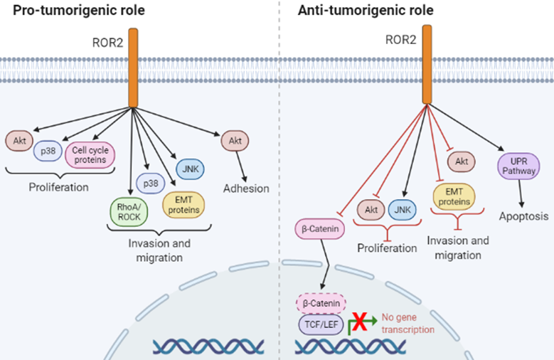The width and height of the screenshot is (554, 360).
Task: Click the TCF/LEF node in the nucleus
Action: [319, 325]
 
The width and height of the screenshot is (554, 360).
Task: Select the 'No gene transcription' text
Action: [407, 324]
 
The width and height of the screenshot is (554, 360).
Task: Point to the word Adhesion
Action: [246, 189]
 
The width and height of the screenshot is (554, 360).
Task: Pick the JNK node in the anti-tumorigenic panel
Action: [402, 209]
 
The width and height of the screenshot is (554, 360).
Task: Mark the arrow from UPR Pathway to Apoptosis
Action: [520, 193]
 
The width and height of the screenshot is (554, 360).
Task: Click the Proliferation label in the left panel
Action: [58, 188]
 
